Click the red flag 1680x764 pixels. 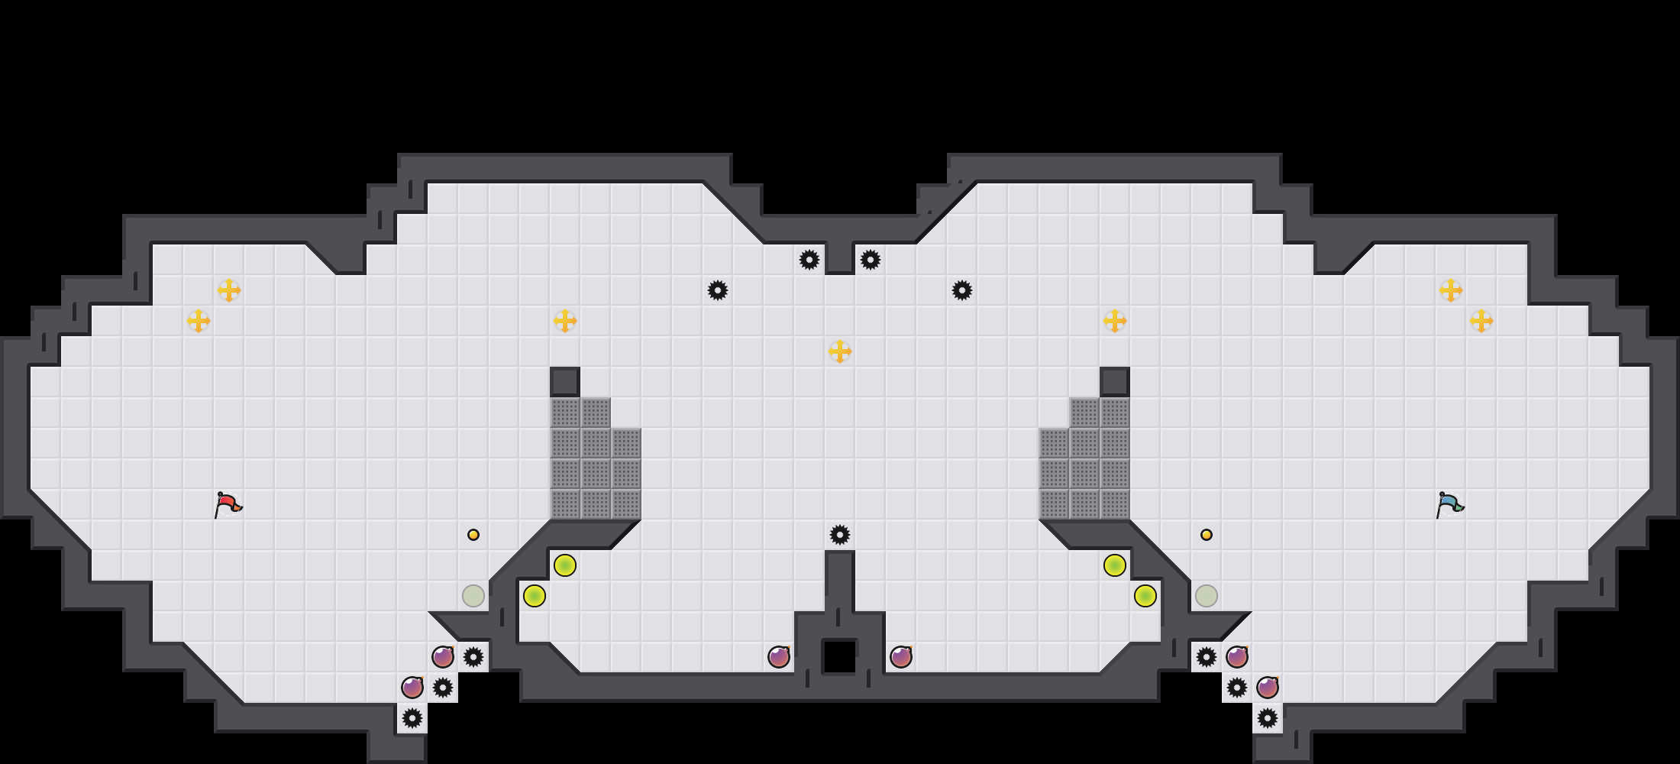[x=228, y=504]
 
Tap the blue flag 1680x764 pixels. [x=1449, y=504]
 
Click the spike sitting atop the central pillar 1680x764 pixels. [x=840, y=535]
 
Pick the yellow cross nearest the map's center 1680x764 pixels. [x=840, y=351]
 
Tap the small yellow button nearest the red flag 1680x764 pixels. [x=473, y=535]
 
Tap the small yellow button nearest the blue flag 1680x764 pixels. [x=1207, y=535]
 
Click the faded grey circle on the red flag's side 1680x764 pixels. [x=473, y=596]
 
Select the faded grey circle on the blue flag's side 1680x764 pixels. [x=1207, y=596]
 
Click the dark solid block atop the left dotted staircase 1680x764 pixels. [x=565, y=382]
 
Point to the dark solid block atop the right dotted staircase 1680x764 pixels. [x=1115, y=382]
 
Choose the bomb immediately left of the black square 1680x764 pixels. [x=779, y=657]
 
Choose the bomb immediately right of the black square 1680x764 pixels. [x=901, y=657]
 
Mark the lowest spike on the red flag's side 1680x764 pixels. [x=412, y=718]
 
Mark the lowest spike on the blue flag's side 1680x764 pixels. [x=1268, y=718]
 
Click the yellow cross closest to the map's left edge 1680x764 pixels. [x=199, y=321]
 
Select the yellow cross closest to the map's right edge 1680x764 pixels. [x=1481, y=321]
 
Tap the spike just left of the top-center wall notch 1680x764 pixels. [x=809, y=260]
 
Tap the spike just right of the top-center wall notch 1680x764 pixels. [x=871, y=260]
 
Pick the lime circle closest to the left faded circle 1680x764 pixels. [x=535, y=596]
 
